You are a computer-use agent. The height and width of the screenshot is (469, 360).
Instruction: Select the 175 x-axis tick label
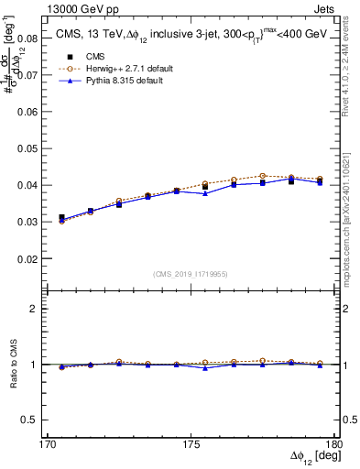point(193,443)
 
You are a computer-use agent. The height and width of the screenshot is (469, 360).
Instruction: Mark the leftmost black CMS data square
point(61,218)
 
